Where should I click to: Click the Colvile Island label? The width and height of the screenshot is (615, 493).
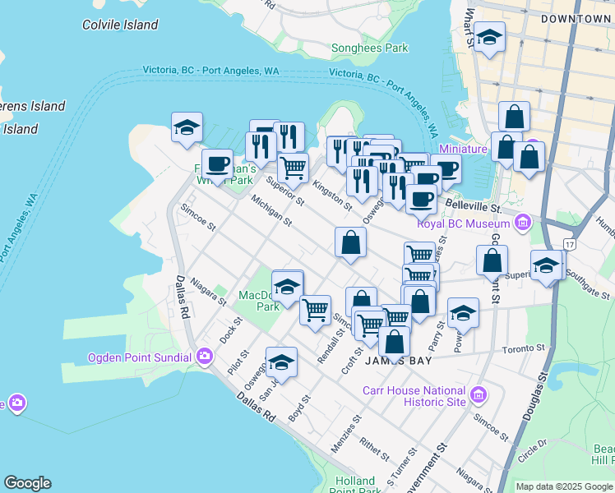[x=120, y=25]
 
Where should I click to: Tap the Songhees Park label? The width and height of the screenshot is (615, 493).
[x=369, y=48]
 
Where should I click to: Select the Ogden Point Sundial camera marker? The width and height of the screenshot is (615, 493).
[x=205, y=357]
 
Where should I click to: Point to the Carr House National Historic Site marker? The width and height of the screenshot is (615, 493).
[x=476, y=397]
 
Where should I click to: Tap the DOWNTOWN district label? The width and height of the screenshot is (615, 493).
[x=576, y=18]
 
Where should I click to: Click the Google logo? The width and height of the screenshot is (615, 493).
[x=27, y=483]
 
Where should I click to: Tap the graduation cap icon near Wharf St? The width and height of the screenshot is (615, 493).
[x=490, y=37]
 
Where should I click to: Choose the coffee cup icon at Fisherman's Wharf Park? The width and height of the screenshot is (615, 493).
[x=217, y=163]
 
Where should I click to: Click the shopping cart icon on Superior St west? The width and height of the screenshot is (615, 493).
[x=293, y=168]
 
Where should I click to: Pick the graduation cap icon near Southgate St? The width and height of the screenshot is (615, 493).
[x=546, y=265]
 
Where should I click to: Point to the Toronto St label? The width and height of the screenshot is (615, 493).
[x=525, y=348]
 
